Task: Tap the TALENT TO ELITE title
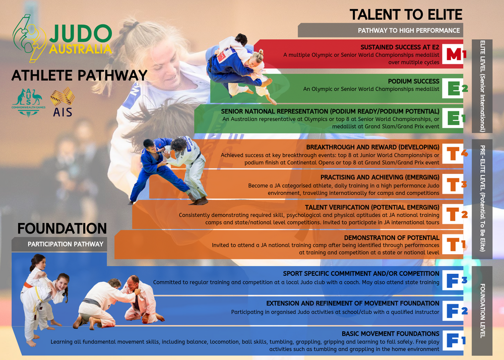point(406,14)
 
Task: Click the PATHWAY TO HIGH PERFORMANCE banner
point(409,30)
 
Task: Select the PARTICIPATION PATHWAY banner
point(66,245)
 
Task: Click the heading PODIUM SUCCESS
point(413,81)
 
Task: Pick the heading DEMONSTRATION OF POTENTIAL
point(392,237)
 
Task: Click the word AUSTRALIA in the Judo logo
point(81,49)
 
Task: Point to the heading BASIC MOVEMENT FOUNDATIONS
point(390,334)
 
